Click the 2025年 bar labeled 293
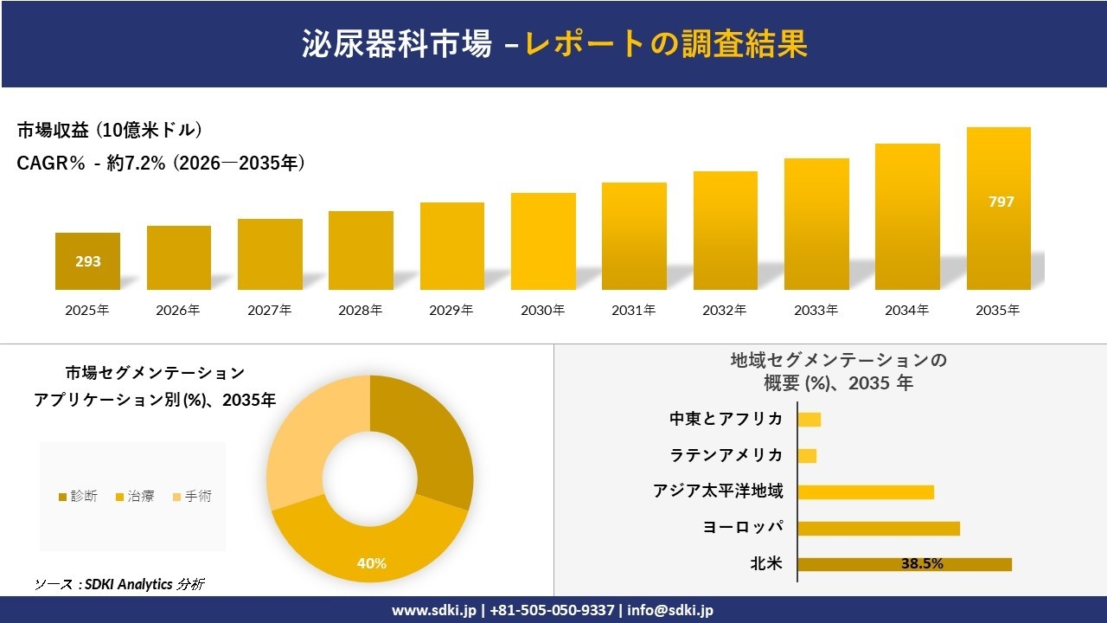tap(87, 260)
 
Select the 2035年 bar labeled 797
tap(998, 209)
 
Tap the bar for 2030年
tap(543, 241)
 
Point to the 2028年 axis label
tap(360, 310)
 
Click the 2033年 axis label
tap(816, 310)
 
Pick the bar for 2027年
tap(270, 254)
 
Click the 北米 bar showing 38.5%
tap(904, 564)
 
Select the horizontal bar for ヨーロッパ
tap(878, 528)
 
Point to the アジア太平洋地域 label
tap(718, 491)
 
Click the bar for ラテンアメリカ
tap(807, 455)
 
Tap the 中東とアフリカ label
tap(726, 419)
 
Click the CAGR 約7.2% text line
tap(161, 164)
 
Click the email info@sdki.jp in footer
tap(670, 610)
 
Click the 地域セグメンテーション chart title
tap(838, 371)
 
